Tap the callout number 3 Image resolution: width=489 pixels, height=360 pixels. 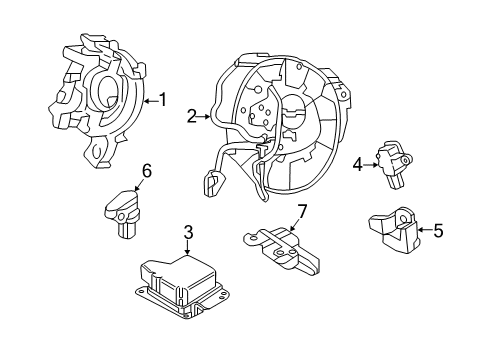[x=187, y=235]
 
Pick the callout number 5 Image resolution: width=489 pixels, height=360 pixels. [x=436, y=231]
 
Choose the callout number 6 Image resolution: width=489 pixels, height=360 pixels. [x=146, y=172]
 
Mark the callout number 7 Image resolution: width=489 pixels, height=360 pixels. [x=300, y=212]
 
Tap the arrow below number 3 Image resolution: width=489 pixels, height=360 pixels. [x=187, y=250]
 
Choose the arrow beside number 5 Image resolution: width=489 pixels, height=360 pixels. [x=423, y=231]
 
